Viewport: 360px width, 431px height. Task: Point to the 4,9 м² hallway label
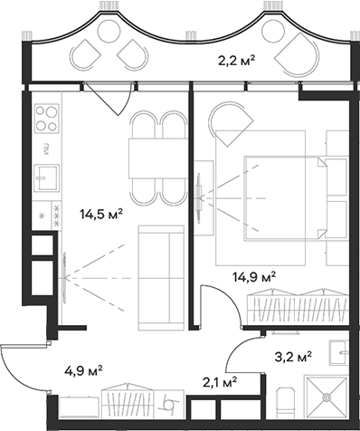pyautogui.click(x=82, y=369)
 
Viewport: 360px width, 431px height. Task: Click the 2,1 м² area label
pyautogui.click(x=220, y=380)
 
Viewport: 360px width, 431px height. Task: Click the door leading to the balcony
pyautogui.click(x=102, y=95)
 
